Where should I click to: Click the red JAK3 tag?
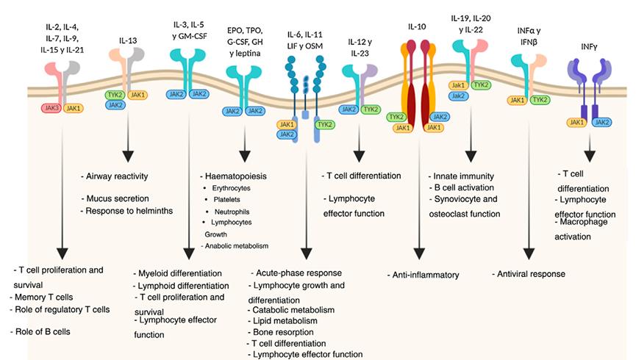click(x=50, y=108)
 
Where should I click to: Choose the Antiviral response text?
click(x=528, y=274)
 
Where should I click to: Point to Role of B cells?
click(x=42, y=331)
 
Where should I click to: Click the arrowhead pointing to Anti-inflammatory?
click(x=420, y=253)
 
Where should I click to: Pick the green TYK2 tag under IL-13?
click(x=114, y=96)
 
